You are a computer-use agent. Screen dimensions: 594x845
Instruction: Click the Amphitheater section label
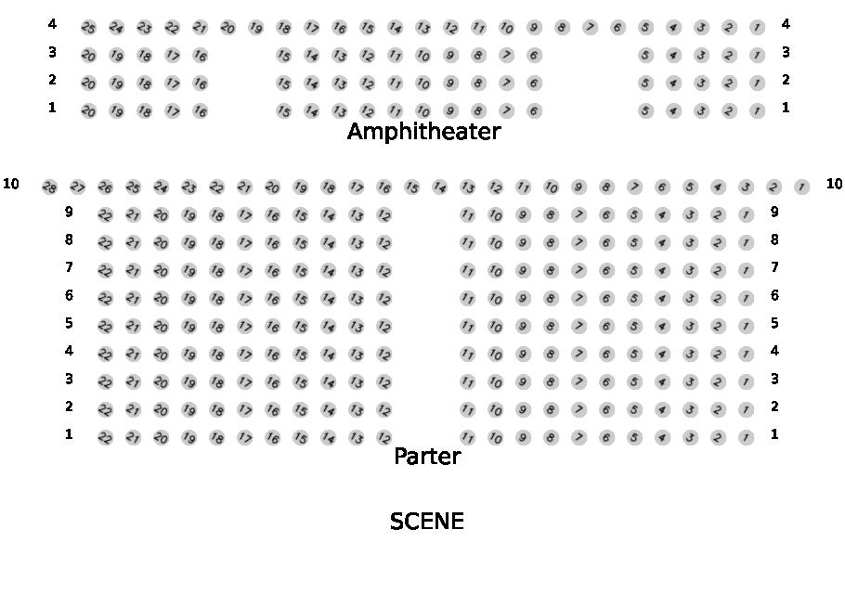[x=423, y=132]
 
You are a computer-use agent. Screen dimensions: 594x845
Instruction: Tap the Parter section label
[x=427, y=457]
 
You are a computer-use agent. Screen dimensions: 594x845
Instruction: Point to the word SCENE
[x=426, y=522]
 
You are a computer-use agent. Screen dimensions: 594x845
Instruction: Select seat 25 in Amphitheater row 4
[x=88, y=28]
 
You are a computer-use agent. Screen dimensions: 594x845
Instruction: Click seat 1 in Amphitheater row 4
[x=757, y=28]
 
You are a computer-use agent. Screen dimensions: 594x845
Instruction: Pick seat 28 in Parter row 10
[x=50, y=187]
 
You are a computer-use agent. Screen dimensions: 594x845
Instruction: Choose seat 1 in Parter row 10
[x=801, y=187]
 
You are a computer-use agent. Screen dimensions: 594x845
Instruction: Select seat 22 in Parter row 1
[x=105, y=438]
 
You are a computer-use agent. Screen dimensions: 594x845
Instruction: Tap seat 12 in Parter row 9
[x=383, y=215]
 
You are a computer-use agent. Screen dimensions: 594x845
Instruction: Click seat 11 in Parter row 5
[x=468, y=327]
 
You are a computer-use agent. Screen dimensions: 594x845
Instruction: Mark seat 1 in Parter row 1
[x=746, y=438]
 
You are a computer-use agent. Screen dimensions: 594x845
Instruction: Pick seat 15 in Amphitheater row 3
[x=283, y=56]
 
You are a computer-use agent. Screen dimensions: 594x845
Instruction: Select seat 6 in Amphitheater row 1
[x=534, y=111]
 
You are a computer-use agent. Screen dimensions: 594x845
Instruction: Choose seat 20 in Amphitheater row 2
[x=88, y=84]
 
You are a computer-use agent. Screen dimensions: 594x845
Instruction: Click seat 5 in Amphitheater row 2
[x=645, y=84]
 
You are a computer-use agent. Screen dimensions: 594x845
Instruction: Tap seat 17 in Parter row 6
[x=244, y=299]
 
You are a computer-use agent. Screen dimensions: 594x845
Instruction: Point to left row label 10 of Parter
[x=11, y=184]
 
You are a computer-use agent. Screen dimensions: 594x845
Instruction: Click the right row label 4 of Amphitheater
[x=786, y=24]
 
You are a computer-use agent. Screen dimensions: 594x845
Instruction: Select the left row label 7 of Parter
[x=69, y=267]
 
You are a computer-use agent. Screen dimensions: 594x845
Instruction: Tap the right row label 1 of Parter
[x=774, y=434]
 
